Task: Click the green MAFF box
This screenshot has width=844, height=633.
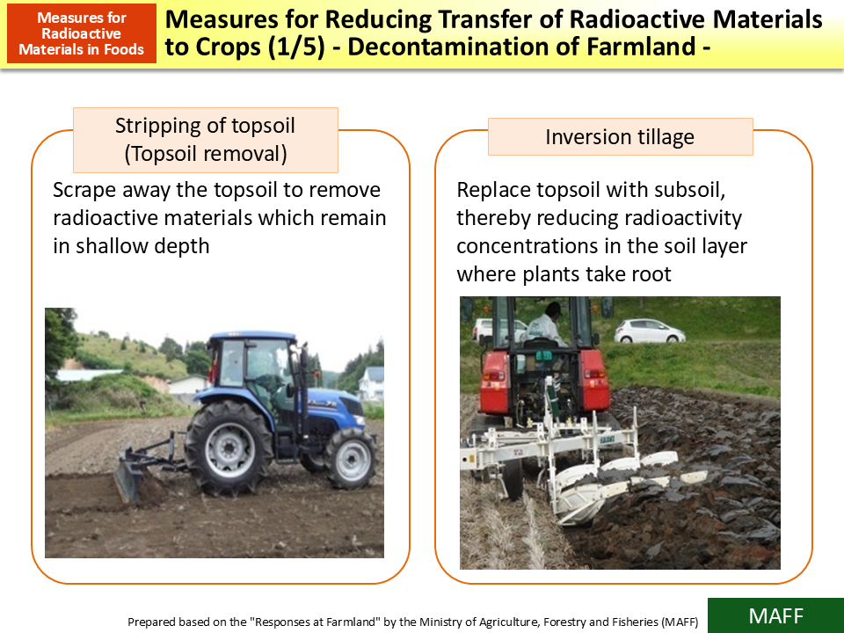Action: tap(775, 615)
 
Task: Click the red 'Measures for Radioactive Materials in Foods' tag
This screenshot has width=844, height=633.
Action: tap(81, 33)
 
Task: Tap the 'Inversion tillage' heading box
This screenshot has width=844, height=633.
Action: tap(620, 137)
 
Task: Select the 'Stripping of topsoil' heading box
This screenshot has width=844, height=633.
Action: tap(205, 140)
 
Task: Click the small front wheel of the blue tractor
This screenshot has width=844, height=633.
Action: tap(350, 458)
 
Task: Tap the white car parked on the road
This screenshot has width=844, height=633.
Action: tap(649, 331)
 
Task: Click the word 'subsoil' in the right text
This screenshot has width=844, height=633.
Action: tap(688, 191)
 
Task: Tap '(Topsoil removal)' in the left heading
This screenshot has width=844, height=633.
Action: tap(205, 154)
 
